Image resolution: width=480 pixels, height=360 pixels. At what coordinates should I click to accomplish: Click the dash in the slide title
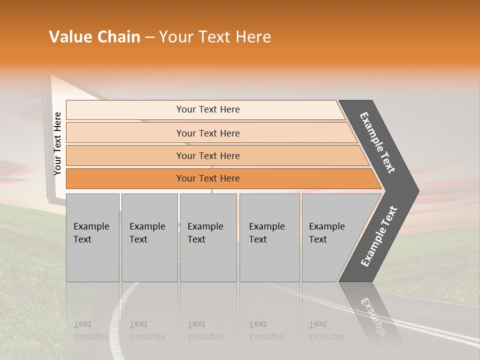pos(149,37)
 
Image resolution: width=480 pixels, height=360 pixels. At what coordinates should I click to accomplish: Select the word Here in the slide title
pos(253,37)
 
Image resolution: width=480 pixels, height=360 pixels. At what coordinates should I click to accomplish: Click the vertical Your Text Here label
pos(57,143)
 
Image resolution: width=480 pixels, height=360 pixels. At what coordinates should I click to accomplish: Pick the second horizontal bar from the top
pos(207,133)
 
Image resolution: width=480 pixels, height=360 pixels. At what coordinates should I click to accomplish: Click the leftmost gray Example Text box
pos(92,237)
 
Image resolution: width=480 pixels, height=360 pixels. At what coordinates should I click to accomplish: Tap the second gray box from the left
pos(149,237)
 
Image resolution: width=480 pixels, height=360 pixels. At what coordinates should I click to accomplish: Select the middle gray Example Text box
pos(208,237)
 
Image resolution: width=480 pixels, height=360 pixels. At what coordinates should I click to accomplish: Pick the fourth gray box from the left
pos(269,237)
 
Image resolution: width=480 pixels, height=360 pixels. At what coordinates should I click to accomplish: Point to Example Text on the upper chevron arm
pos(377,142)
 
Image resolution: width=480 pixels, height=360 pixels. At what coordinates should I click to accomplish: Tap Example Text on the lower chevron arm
pos(378,236)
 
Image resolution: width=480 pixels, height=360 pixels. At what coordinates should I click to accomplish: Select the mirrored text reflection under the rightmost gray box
pos(326,330)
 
